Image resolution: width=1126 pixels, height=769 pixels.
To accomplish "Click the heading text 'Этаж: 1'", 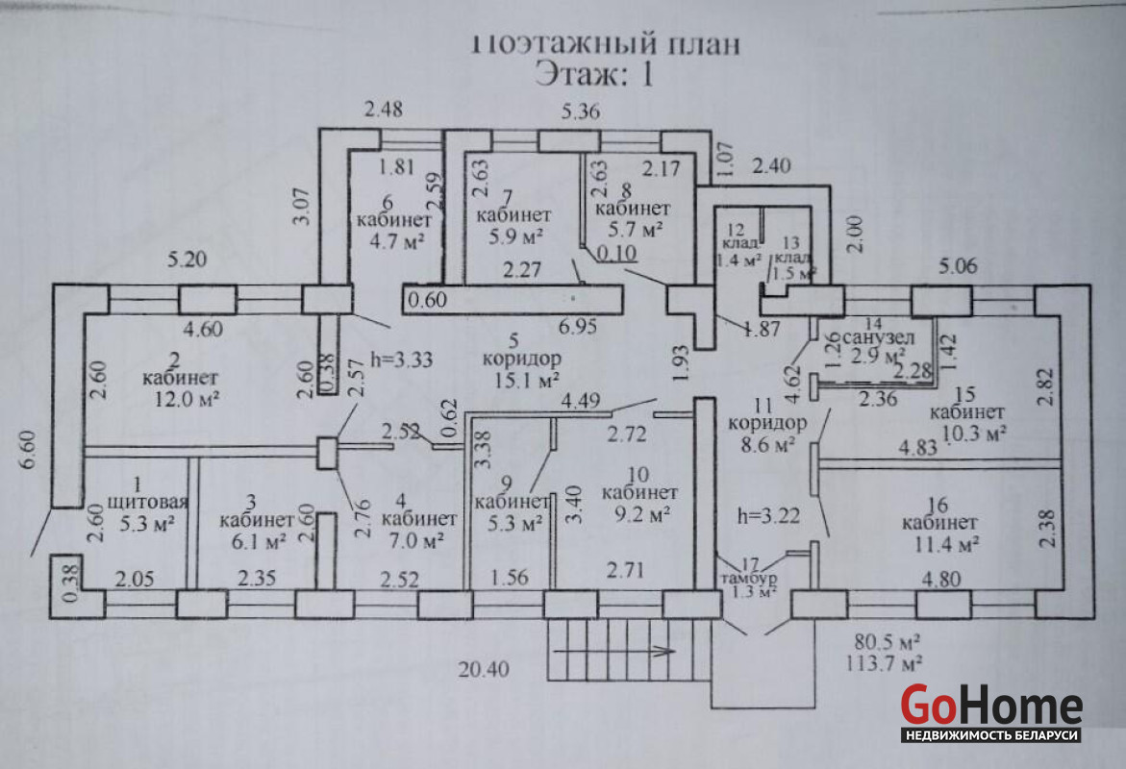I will [x=593, y=74].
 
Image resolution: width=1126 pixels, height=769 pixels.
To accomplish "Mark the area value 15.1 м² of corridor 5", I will [x=521, y=380].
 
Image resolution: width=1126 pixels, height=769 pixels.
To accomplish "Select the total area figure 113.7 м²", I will [x=882, y=661].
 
